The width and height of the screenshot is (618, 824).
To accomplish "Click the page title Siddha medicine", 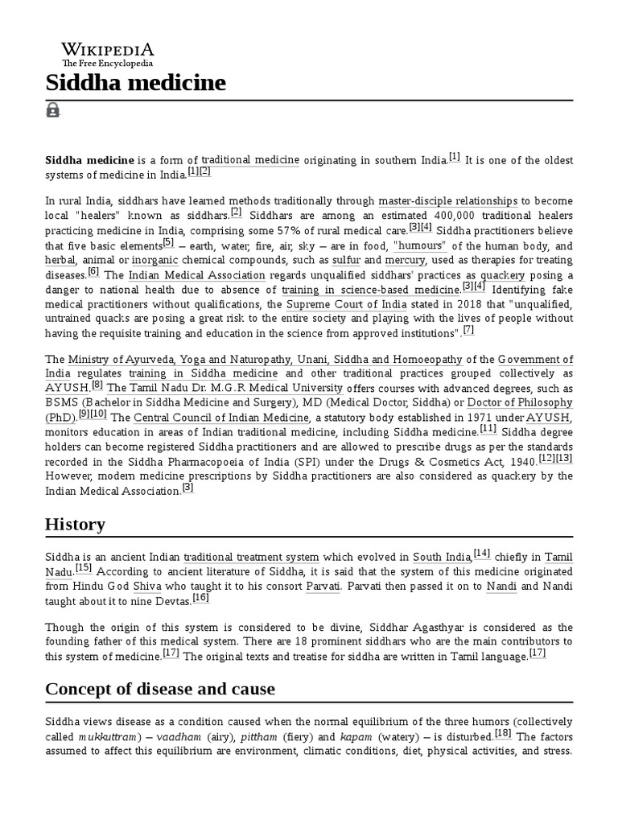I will click(x=136, y=82).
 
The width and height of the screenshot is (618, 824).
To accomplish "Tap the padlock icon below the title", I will click(x=53, y=111).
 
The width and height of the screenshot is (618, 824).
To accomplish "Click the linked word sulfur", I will click(x=347, y=261).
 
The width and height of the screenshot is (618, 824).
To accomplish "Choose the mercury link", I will click(x=407, y=261).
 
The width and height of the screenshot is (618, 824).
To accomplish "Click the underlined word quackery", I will click(x=503, y=275).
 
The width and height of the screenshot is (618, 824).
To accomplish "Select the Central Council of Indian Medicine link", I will click(x=221, y=418).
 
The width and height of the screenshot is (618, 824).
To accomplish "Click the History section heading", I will click(x=76, y=525).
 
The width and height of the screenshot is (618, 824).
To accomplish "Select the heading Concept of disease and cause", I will click(x=160, y=689).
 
